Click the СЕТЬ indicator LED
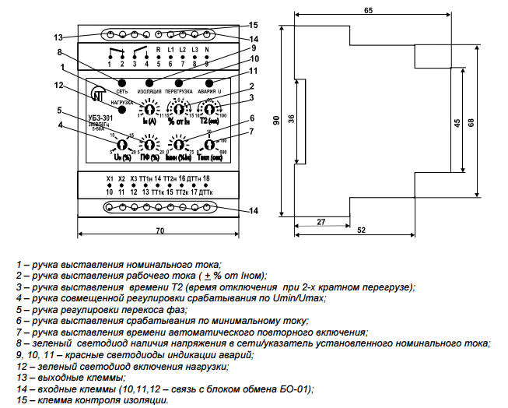(122, 83)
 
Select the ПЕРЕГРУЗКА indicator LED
(179, 83)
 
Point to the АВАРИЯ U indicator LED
(208, 83)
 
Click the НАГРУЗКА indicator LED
(121, 111)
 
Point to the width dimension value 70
(159, 232)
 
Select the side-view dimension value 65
(366, 9)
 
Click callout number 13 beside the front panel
(58, 37)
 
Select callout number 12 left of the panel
(58, 85)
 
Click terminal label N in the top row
(205, 49)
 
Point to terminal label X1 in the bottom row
(110, 179)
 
